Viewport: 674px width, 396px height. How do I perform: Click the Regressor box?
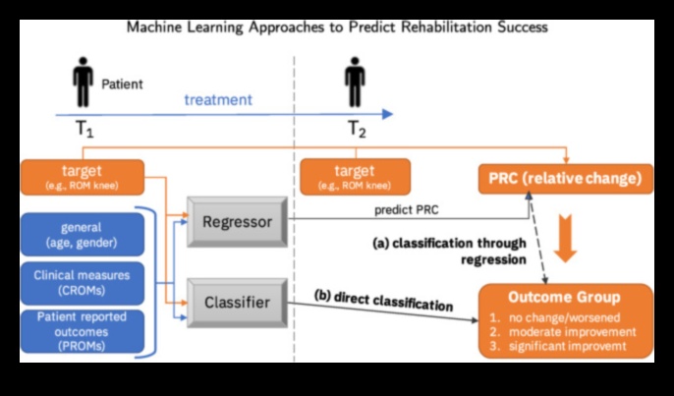coord(236,222)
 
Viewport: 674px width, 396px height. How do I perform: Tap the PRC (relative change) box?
coord(565,178)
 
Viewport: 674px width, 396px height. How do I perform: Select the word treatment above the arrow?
coord(219,100)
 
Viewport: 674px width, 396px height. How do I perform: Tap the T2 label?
coord(358,130)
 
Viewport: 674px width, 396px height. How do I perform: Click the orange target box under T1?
coord(82,177)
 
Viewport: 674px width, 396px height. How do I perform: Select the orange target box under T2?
coord(355,177)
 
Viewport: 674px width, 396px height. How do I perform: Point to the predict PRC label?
coord(407,210)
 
